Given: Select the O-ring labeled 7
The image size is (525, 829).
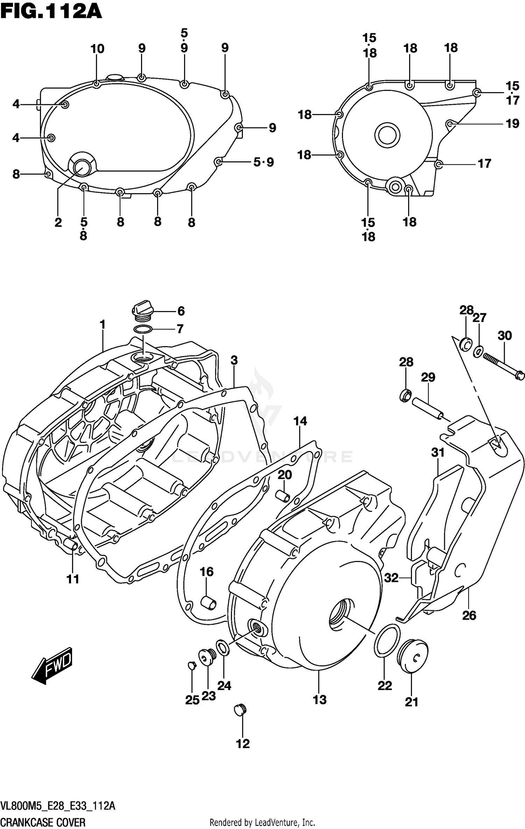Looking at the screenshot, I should [x=143, y=329].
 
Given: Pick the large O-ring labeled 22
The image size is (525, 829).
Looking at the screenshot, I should [x=387, y=640].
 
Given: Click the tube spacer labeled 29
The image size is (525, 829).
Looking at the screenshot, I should [x=428, y=408].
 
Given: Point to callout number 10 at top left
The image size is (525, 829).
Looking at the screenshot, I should [x=97, y=49].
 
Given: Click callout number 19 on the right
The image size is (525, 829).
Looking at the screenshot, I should [x=512, y=124].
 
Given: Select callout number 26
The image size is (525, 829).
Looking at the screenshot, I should [x=469, y=615].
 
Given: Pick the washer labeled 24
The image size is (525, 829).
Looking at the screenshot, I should [x=223, y=647].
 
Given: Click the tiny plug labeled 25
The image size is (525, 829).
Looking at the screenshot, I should [x=191, y=665].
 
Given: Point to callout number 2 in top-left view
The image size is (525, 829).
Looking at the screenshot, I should [x=58, y=222].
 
